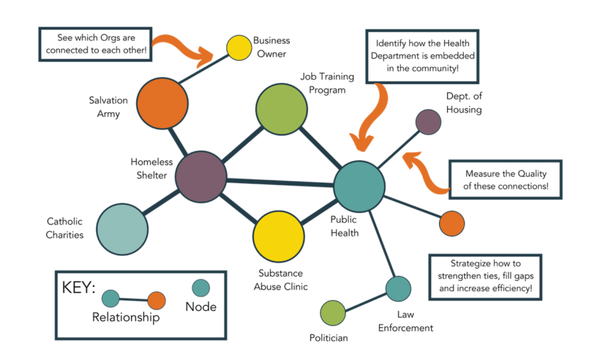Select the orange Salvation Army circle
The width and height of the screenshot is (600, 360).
coord(162,103)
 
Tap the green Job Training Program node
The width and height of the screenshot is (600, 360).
coord(281,109)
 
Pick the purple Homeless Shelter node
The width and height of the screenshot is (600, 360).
coord(201,177)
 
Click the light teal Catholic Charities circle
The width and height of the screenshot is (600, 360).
coord(123,229)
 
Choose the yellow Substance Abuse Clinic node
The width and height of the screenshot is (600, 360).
coord(279,236)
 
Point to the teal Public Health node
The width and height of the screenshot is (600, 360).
coord(359,186)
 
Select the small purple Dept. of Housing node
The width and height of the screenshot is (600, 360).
coord(428,122)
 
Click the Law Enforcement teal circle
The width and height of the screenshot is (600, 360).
coord(398,289)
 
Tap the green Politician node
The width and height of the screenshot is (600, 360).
coord(333,313)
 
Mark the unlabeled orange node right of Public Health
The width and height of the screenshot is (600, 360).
coord(452,224)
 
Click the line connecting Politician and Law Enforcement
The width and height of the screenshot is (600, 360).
coord(366,301)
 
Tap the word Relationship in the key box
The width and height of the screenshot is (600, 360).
coord(126,317)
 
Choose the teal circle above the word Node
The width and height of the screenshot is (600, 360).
coord(201,288)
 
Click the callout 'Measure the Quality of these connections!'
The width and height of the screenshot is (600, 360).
coord(505,180)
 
